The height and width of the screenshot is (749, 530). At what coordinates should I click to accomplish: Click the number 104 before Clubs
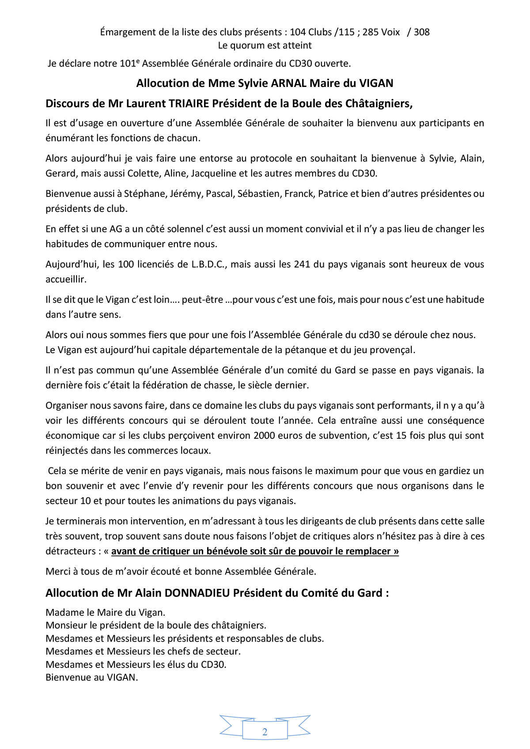click(298, 32)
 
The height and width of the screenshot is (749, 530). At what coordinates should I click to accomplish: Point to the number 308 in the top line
click(422, 32)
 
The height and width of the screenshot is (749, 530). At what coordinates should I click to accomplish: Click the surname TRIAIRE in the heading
click(189, 104)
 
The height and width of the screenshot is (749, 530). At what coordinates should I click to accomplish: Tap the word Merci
click(57, 572)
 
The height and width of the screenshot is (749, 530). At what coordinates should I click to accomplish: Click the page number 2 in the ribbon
click(265, 732)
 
